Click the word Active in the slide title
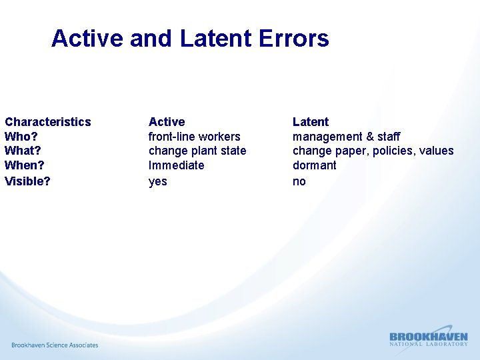[x=87, y=39]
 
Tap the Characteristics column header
[x=48, y=122]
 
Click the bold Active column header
[x=167, y=122]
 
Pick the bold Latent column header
[x=311, y=122]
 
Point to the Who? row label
[x=21, y=137]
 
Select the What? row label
[x=23, y=151]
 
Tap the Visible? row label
[x=27, y=181]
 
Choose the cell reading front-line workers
[x=194, y=137]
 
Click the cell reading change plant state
[x=197, y=151]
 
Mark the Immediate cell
[x=177, y=165]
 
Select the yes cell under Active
[x=158, y=181]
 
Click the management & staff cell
[x=347, y=137]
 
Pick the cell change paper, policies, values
[x=373, y=151]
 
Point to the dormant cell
[x=315, y=165]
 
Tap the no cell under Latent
[x=299, y=181]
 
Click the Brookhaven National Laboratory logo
[x=428, y=338]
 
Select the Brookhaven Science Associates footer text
[x=55, y=345]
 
